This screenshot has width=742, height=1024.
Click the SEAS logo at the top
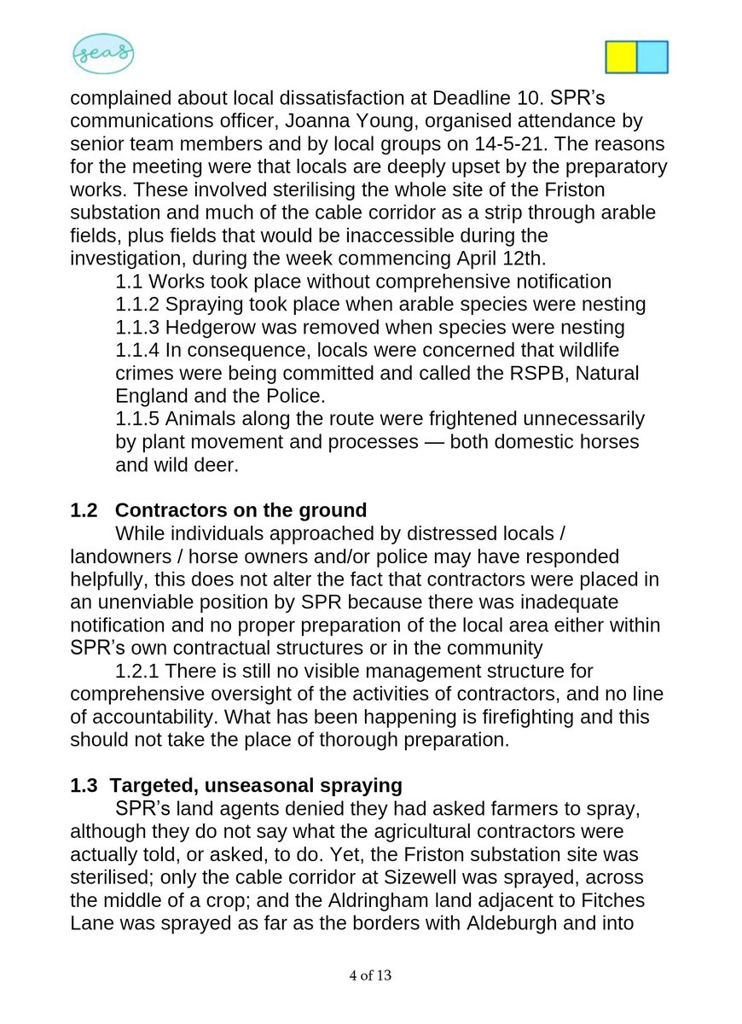click(102, 55)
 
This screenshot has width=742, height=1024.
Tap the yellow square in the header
click(621, 56)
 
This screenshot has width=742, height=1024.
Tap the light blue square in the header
click(652, 56)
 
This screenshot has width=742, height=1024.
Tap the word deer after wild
click(223, 465)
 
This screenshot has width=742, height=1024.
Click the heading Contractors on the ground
click(241, 510)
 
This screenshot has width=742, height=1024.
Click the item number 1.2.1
click(141, 672)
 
